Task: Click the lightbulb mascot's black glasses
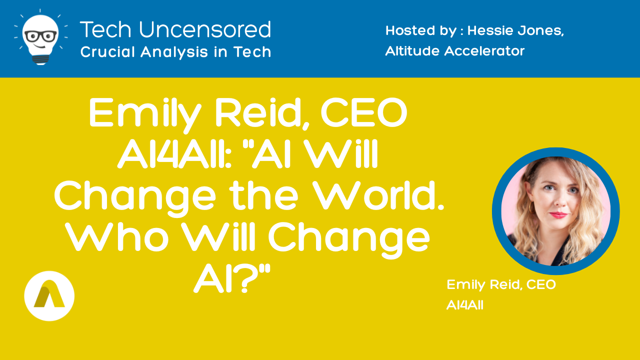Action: click(x=41, y=36)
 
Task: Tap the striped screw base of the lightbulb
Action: click(x=40, y=59)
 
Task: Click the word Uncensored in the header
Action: click(x=205, y=29)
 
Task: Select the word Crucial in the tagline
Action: click(x=107, y=51)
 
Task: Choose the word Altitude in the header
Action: click(x=413, y=51)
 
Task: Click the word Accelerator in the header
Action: click(x=484, y=51)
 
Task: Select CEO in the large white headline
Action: click(x=364, y=112)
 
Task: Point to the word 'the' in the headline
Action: click(x=265, y=195)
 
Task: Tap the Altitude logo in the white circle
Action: click(x=49, y=296)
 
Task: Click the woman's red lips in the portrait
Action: click(x=558, y=215)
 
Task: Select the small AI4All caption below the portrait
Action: click(x=465, y=305)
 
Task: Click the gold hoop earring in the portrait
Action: click(x=531, y=207)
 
